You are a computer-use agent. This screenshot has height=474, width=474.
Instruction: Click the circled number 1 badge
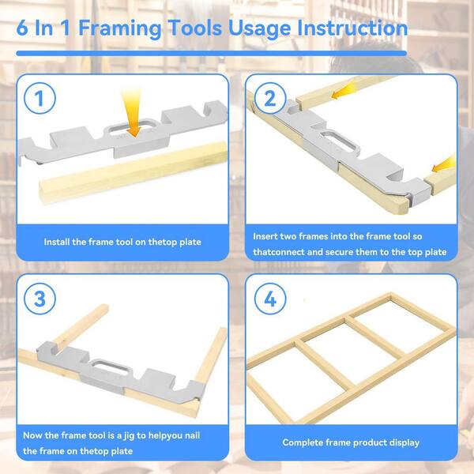click(x=39, y=98)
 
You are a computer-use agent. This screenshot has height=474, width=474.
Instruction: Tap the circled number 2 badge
click(x=270, y=98)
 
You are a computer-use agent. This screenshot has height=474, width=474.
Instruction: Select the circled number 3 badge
click(x=39, y=299)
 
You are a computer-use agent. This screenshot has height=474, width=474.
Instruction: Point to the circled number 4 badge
click(x=270, y=299)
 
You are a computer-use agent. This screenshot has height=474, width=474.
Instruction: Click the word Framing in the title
click(x=120, y=28)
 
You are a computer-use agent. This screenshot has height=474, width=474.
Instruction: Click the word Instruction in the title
click(x=352, y=28)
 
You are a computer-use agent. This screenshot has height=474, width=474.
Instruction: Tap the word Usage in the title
click(x=259, y=29)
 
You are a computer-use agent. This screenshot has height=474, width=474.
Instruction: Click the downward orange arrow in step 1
click(x=133, y=112)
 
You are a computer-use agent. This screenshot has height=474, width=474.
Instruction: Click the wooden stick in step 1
click(x=133, y=172)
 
